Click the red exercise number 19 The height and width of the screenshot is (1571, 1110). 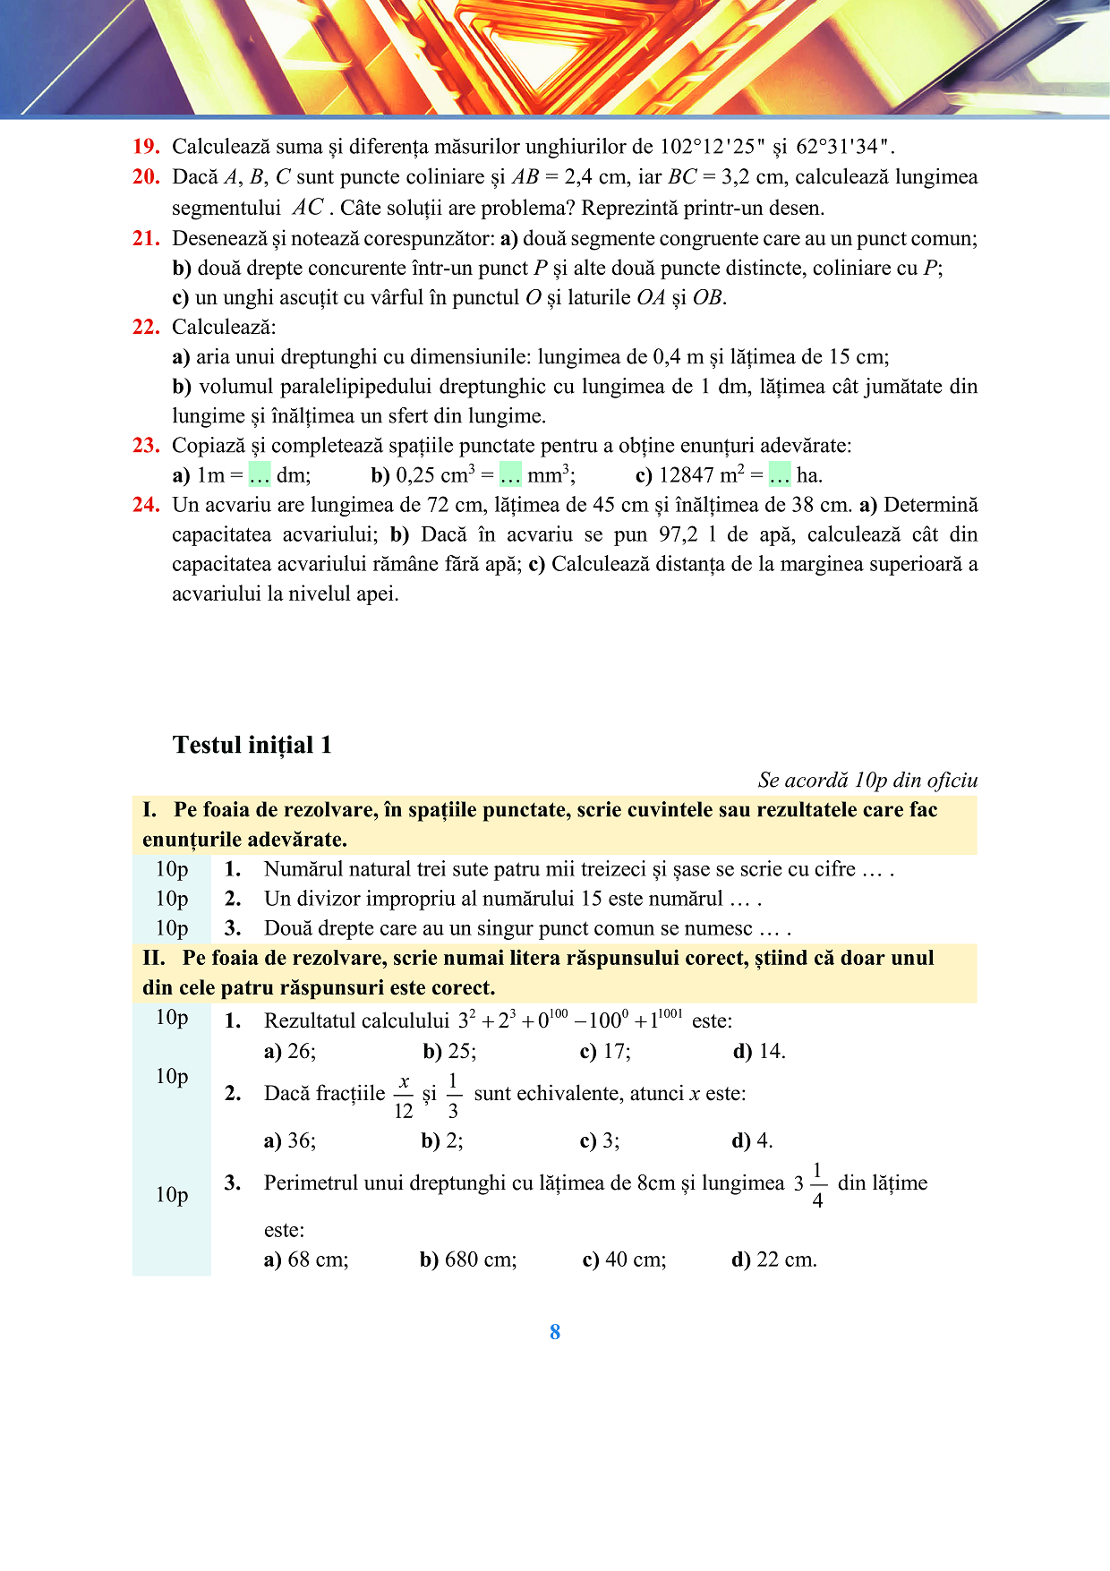point(146,147)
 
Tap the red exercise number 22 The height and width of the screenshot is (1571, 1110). point(146,327)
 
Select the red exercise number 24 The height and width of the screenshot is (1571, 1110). point(146,505)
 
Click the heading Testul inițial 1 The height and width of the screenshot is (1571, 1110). point(252,745)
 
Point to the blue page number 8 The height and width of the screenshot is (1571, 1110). point(555,1332)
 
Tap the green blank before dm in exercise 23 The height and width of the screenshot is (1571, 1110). point(260,474)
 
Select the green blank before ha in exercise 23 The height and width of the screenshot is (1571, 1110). point(780,474)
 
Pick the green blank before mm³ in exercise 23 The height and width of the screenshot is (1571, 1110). point(510,474)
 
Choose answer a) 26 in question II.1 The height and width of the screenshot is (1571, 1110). point(290,1051)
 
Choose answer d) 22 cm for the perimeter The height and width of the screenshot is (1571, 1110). point(774,1259)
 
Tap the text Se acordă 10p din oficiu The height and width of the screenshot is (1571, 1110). point(867,780)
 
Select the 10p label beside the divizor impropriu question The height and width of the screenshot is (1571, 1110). point(172,899)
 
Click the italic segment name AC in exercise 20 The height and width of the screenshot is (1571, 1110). point(308,208)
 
